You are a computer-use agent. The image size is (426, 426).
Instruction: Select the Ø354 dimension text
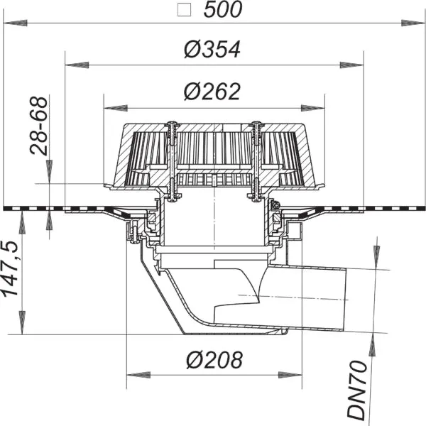point(212,50)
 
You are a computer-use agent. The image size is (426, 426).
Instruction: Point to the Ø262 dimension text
point(212,92)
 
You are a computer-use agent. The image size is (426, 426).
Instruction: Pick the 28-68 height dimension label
point(38,126)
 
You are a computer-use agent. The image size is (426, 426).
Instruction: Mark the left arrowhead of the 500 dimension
point(16,23)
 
